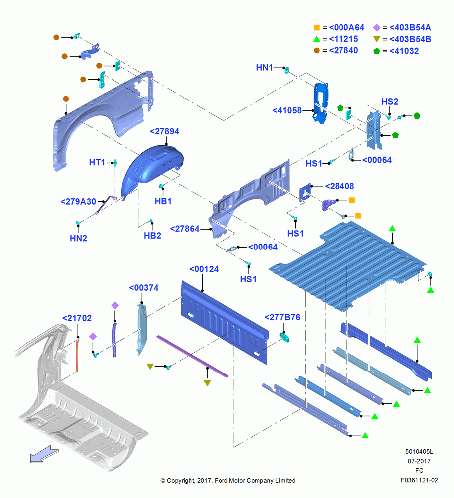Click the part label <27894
pyautogui.click(x=164, y=131)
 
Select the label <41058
pyautogui.click(x=287, y=110)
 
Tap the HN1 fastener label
pyautogui.click(x=264, y=68)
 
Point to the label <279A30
pyautogui.click(x=78, y=202)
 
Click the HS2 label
pyautogui.click(x=390, y=102)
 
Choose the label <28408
pyautogui.click(x=340, y=186)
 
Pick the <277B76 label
pyautogui.click(x=282, y=317)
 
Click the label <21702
pyautogui.click(x=77, y=318)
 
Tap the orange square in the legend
pyautogui.click(x=317, y=27)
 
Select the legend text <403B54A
pyautogui.click(x=410, y=27)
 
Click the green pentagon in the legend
pyautogui.click(x=377, y=51)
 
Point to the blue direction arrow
pyautogui.click(x=44, y=454)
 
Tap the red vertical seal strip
pyautogui.click(x=77, y=355)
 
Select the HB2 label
pyautogui.click(x=152, y=236)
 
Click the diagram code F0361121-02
pyautogui.click(x=419, y=480)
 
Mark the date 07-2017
pyautogui.click(x=419, y=461)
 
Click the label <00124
pyautogui.click(x=204, y=269)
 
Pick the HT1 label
pyautogui.click(x=97, y=163)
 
